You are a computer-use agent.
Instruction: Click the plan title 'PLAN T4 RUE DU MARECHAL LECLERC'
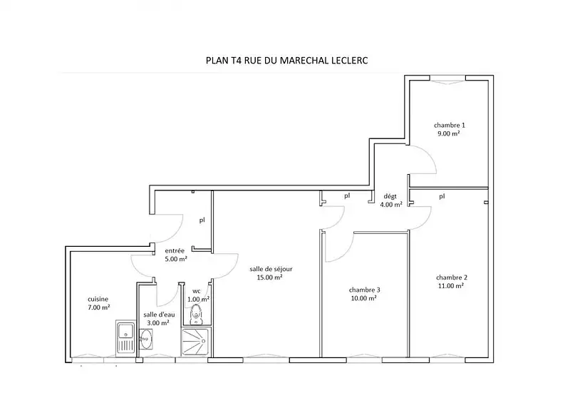pos(287,60)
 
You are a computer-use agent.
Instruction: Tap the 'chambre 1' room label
pos(450,125)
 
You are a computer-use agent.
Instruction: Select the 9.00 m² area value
pos(449,133)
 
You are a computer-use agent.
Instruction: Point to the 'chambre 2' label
pos(452,277)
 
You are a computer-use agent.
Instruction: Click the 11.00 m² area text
pos(451,286)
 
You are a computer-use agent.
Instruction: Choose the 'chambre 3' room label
pos(364,290)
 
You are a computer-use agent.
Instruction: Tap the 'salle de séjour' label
pos(271,269)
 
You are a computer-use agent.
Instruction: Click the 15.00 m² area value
pos(270,277)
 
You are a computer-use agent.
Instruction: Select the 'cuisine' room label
pos(98,299)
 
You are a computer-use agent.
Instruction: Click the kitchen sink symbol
pos(125,338)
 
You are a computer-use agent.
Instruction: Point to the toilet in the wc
pos(197,315)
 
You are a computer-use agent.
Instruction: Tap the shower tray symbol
pos(195,342)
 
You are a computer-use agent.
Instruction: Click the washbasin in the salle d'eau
pos(146,340)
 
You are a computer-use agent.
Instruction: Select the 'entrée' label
pos(175,250)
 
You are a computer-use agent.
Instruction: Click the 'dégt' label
pos(390,197)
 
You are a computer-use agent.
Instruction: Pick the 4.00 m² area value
pos(391,205)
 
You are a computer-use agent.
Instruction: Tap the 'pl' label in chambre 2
pos(442,196)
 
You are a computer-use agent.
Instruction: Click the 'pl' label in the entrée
pos(202,220)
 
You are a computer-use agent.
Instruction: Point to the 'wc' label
pos(197,291)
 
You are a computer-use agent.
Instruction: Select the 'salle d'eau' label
pos(159,315)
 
